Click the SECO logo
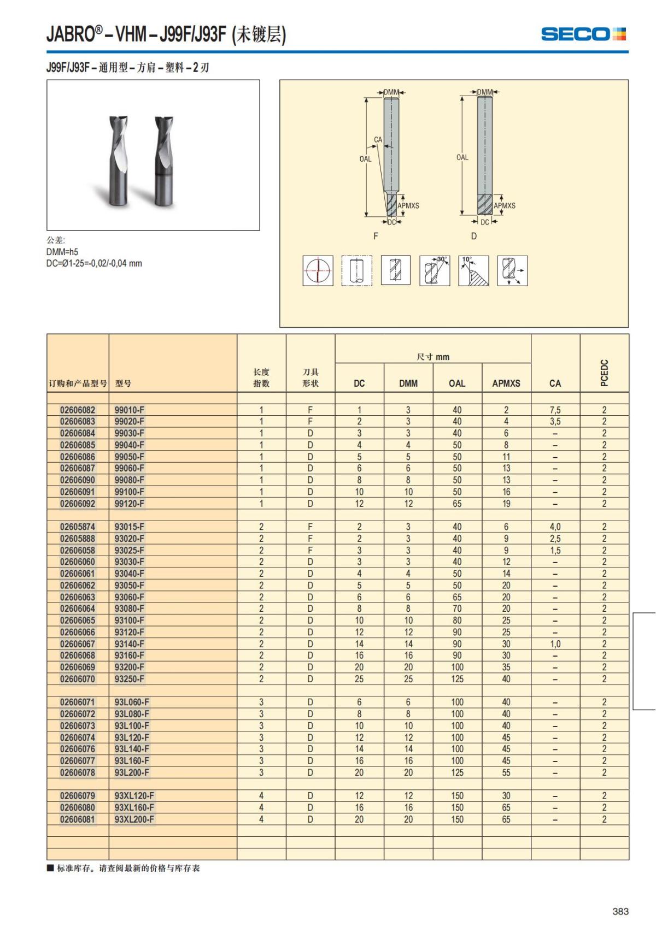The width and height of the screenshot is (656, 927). [583, 34]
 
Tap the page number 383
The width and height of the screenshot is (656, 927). [620, 911]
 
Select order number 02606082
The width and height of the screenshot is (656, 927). [78, 410]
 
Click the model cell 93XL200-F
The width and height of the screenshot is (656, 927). [134, 819]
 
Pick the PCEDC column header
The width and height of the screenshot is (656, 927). [604, 373]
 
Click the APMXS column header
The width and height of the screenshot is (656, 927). [506, 383]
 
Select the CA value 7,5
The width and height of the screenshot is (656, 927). [555, 410]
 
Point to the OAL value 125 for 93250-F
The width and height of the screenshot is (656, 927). [457, 679]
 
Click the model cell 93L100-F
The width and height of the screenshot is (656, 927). [132, 726]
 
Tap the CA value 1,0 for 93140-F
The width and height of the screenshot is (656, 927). [555, 644]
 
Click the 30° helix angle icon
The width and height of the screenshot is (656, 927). [435, 270]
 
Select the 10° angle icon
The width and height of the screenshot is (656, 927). [473, 270]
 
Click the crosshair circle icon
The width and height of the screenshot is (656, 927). [318, 270]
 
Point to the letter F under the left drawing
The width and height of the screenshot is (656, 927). [376, 236]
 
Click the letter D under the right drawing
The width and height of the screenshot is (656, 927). [474, 236]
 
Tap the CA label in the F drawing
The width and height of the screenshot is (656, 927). [378, 140]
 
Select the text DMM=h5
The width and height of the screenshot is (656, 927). [62, 252]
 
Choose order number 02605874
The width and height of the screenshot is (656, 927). [78, 527]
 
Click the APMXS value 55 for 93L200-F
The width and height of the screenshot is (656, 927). [506, 772]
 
